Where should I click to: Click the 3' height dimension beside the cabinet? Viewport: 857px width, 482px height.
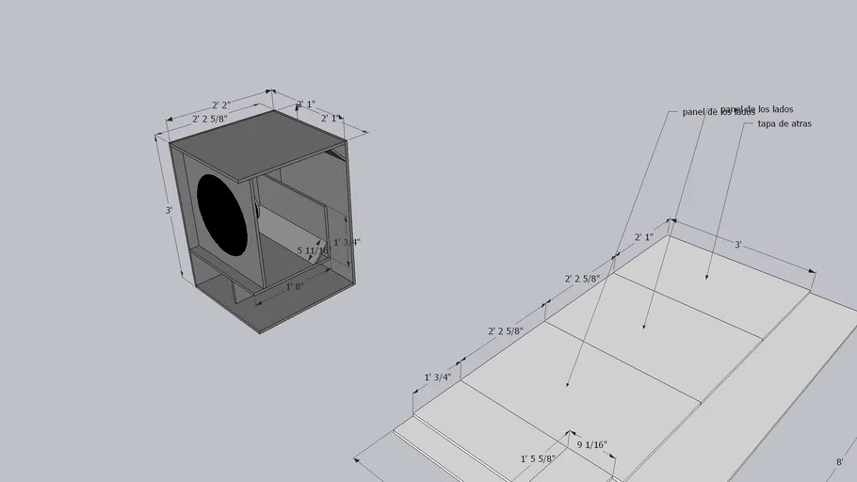pos(169,210)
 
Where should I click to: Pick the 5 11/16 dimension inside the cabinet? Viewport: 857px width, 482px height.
pos(312,251)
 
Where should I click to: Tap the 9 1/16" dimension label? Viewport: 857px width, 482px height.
pos(591,444)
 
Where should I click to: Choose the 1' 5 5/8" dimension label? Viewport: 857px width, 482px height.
pos(538,458)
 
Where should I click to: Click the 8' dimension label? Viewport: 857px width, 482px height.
pos(839,462)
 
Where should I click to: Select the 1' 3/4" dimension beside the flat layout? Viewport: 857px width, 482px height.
pos(438,377)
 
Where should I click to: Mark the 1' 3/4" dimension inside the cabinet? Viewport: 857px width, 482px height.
pos(347,242)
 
